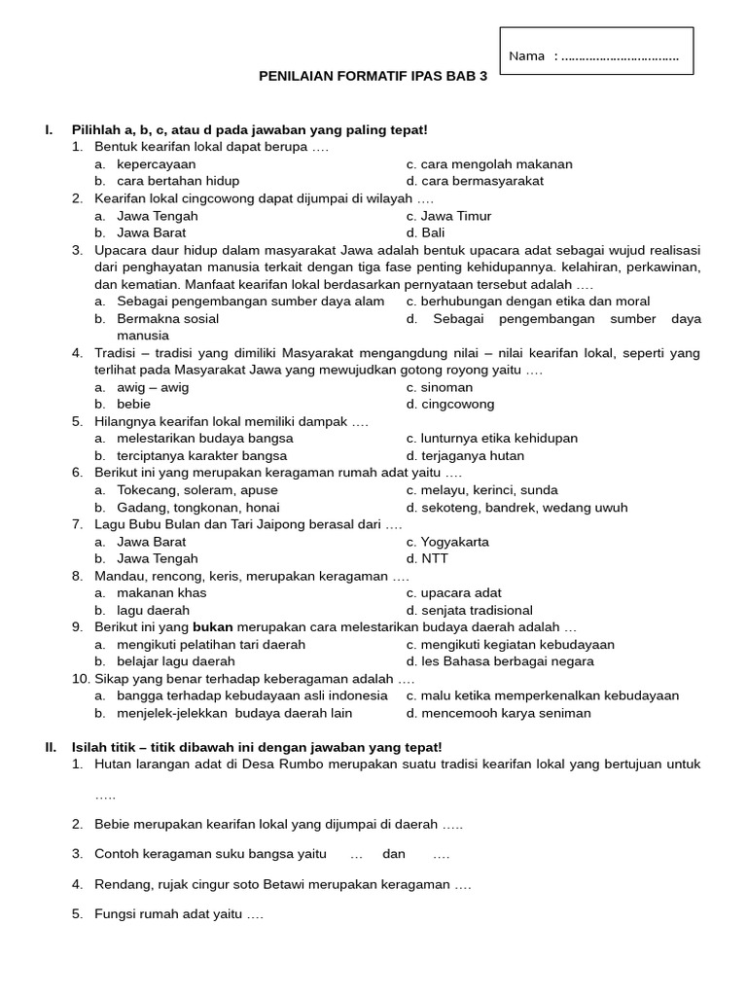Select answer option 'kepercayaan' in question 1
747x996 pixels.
[156, 164]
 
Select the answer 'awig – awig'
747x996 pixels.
[153, 387]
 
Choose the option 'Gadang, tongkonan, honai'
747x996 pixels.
[197, 507]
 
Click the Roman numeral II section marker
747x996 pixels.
[51, 747]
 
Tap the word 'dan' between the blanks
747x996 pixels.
[393, 854]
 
